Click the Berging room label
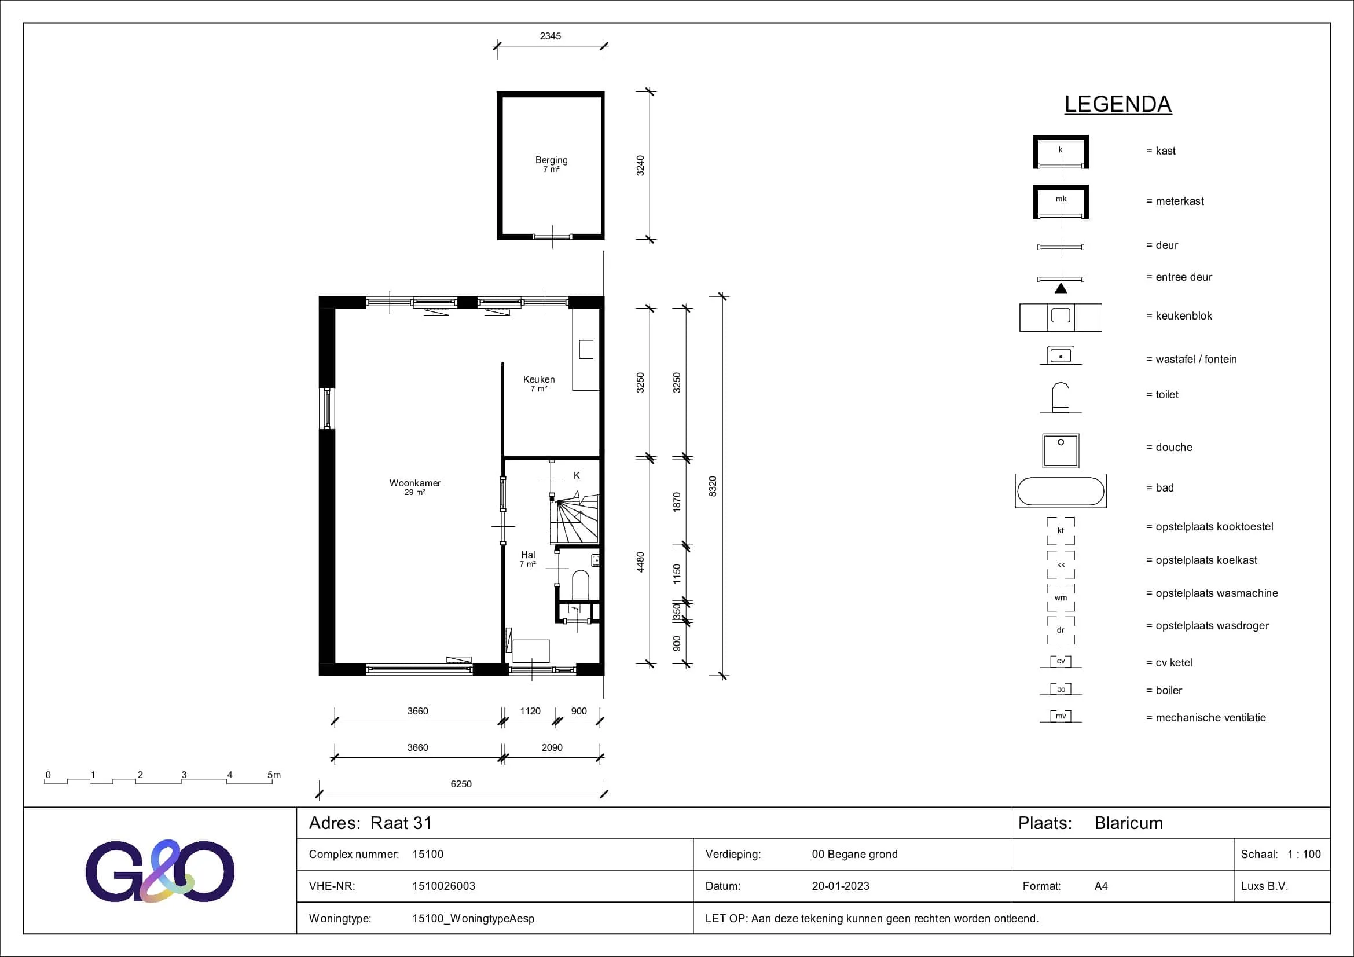tap(552, 160)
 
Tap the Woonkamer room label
tap(414, 483)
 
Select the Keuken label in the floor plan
tap(538, 379)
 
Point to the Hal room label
tap(528, 555)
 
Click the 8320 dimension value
tap(713, 486)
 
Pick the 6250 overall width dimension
tap(461, 784)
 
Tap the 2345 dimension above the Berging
tap(550, 36)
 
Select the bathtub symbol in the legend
tap(1061, 490)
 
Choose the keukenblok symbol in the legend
tap(1061, 317)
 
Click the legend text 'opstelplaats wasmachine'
tap(1217, 593)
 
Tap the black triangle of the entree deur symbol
tap(1061, 288)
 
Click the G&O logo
tap(160, 871)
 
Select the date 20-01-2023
tap(841, 886)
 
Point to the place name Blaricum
tap(1129, 823)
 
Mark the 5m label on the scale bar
tap(274, 775)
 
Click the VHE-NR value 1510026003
tap(443, 886)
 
